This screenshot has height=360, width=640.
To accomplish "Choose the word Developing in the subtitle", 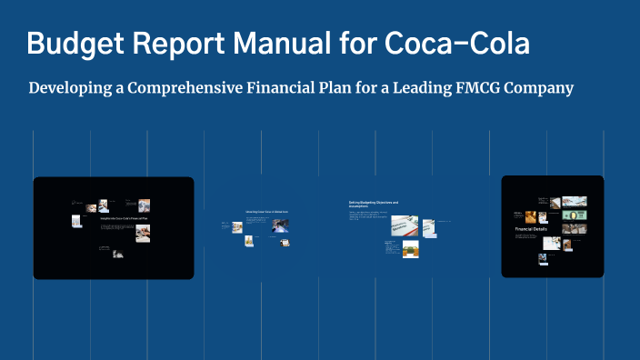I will [x=69, y=88].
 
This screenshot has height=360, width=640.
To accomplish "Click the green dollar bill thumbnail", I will [x=574, y=215].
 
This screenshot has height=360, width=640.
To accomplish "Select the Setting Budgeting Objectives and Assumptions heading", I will [x=374, y=205].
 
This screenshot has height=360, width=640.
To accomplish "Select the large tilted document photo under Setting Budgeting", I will [x=404, y=225].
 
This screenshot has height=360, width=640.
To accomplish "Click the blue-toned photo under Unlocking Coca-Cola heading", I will [x=281, y=223].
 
